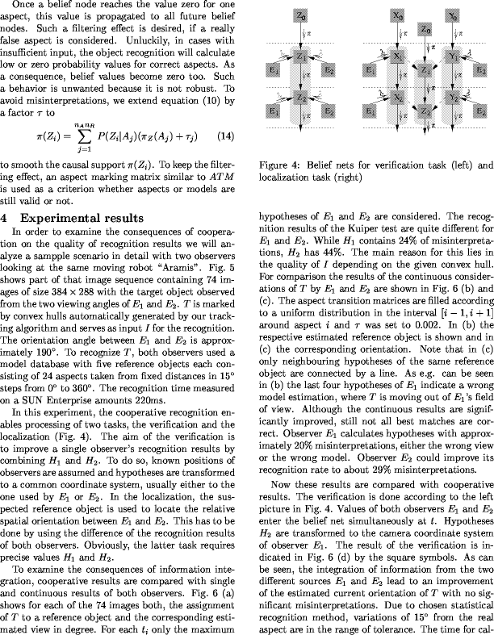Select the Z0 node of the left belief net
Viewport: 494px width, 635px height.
[x=300, y=15]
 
